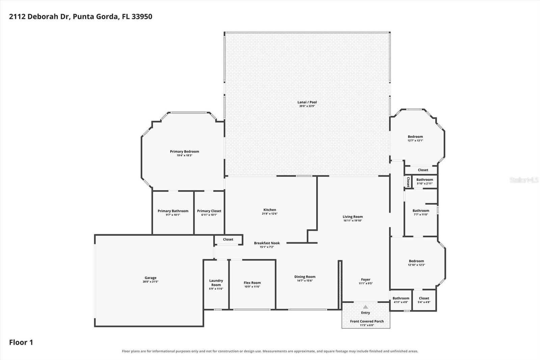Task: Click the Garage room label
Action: (151, 278)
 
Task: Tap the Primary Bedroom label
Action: (184, 152)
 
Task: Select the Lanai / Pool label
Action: (307, 102)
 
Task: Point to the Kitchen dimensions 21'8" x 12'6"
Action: (270, 213)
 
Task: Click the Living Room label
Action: (353, 217)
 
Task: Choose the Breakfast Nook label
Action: (267, 243)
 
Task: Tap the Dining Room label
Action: (305, 277)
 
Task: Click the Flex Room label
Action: (252, 283)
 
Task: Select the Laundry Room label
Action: (216, 283)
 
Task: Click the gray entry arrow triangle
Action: (366, 307)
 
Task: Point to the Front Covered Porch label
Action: (367, 321)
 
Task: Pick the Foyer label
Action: (366, 279)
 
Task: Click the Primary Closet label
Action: (209, 211)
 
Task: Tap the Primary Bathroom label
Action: (173, 211)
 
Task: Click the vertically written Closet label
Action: (408, 182)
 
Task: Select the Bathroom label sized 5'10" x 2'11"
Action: (425, 180)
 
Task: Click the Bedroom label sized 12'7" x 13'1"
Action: (415, 136)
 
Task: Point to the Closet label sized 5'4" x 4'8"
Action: (424, 298)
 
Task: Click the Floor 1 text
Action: (21, 342)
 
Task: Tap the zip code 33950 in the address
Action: (142, 17)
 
